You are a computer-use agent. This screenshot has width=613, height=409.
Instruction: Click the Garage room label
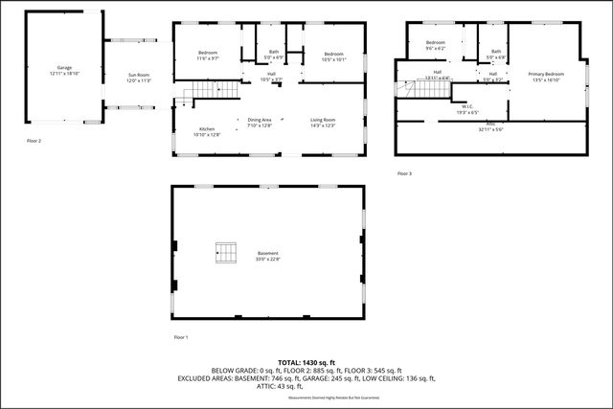click(x=64, y=70)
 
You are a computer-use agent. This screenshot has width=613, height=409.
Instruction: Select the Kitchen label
click(x=207, y=131)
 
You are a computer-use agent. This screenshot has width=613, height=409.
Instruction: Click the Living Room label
click(x=322, y=122)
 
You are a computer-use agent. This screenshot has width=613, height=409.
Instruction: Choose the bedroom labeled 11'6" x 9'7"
click(x=209, y=56)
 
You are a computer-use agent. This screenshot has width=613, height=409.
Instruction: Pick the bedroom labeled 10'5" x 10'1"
click(x=332, y=56)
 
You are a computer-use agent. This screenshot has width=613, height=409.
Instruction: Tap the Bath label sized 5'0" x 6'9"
click(x=274, y=56)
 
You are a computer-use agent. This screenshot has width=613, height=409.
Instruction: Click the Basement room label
click(x=267, y=257)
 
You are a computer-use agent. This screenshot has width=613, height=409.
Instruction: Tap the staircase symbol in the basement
click(x=226, y=253)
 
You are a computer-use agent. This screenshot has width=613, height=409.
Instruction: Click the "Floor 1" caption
click(x=181, y=337)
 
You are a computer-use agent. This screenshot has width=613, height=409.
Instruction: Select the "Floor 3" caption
click(x=405, y=173)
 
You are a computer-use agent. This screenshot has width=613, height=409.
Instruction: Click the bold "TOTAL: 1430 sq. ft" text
click(x=306, y=362)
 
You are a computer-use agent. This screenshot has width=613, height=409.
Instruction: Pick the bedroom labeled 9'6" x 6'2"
click(x=436, y=45)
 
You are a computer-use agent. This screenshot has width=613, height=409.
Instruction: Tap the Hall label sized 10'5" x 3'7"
click(x=271, y=77)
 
